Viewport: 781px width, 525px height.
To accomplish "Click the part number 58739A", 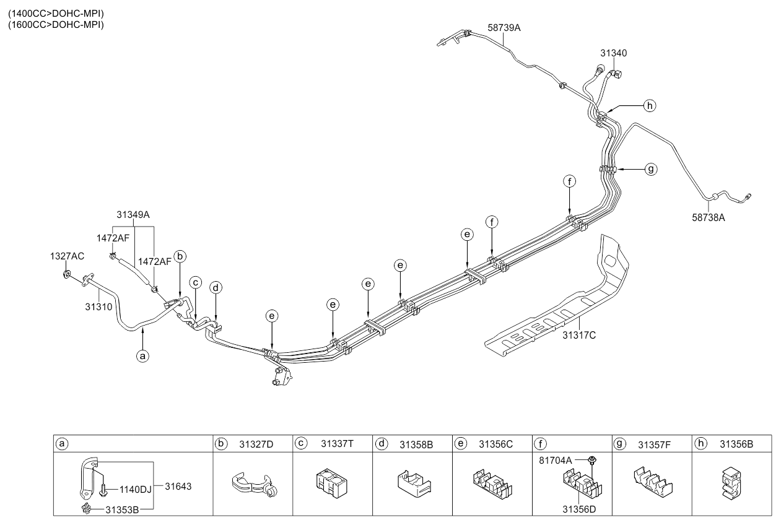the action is click(504, 28).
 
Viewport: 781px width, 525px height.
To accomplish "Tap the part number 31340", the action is click(613, 53).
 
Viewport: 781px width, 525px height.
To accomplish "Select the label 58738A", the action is click(708, 218).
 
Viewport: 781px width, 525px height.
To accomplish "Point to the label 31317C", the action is click(579, 336).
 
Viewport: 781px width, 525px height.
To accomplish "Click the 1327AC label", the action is click(67, 256).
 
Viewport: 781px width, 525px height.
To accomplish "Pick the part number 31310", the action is click(98, 307).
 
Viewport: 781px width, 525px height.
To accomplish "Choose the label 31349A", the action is click(133, 215).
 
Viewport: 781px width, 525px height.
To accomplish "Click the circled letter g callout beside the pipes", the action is click(650, 170).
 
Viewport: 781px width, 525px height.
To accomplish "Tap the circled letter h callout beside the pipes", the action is click(649, 106).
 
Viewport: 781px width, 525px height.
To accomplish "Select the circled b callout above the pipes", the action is click(180, 256).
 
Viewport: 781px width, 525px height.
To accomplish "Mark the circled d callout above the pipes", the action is click(216, 288).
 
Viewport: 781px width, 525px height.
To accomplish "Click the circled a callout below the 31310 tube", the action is click(142, 356).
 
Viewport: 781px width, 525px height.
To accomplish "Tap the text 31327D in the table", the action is click(256, 445).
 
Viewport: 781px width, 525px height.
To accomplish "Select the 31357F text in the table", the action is click(655, 445).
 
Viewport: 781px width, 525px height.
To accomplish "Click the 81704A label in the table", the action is click(556, 461).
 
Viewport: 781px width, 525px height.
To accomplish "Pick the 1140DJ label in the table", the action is click(136, 490).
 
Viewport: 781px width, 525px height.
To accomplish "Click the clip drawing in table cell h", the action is click(731, 483).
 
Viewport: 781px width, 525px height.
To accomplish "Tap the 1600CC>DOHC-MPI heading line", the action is click(56, 25).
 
